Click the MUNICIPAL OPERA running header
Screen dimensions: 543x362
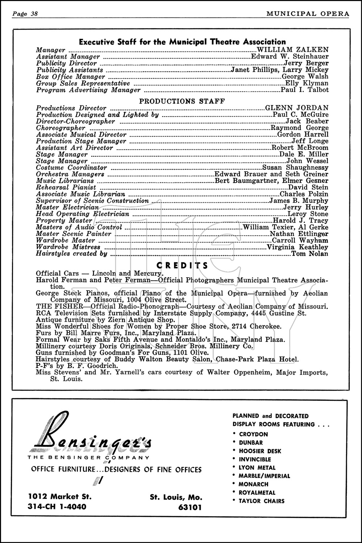308,14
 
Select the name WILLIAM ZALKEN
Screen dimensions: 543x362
292,50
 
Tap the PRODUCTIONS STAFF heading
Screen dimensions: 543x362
182,101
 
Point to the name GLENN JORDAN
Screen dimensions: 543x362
297,108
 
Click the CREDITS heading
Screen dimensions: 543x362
182,266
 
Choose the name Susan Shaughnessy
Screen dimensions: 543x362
295,168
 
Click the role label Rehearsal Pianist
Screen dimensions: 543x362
66,188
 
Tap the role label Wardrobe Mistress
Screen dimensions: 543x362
68,247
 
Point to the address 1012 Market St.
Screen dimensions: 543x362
60,496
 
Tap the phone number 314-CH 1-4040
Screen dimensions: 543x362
57,506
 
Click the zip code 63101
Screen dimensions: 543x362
190,507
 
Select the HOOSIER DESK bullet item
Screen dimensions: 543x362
260,451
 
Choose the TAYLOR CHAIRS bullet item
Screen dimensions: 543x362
261,501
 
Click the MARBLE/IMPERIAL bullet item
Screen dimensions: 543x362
264,476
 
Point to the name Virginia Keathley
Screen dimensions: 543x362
298,247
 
